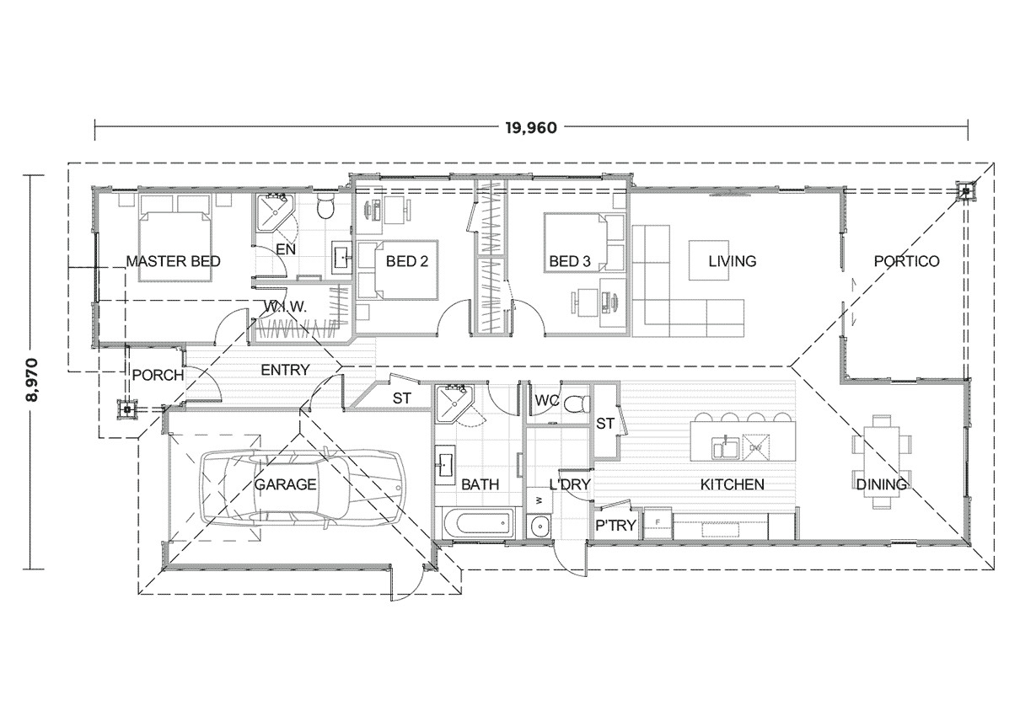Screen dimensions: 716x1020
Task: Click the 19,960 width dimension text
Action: [x=532, y=128]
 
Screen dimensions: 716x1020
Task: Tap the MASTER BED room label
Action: [x=173, y=261]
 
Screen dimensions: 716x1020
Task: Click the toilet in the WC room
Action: [x=576, y=403]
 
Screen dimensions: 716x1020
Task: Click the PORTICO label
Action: [x=906, y=261]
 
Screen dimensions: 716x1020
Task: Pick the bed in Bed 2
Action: [x=398, y=269]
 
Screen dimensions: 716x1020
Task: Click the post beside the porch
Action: [x=127, y=409]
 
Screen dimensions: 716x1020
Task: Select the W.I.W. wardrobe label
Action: [x=284, y=307]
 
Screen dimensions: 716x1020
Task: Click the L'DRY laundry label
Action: [x=570, y=484]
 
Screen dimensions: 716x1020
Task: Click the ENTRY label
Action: [x=285, y=370]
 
